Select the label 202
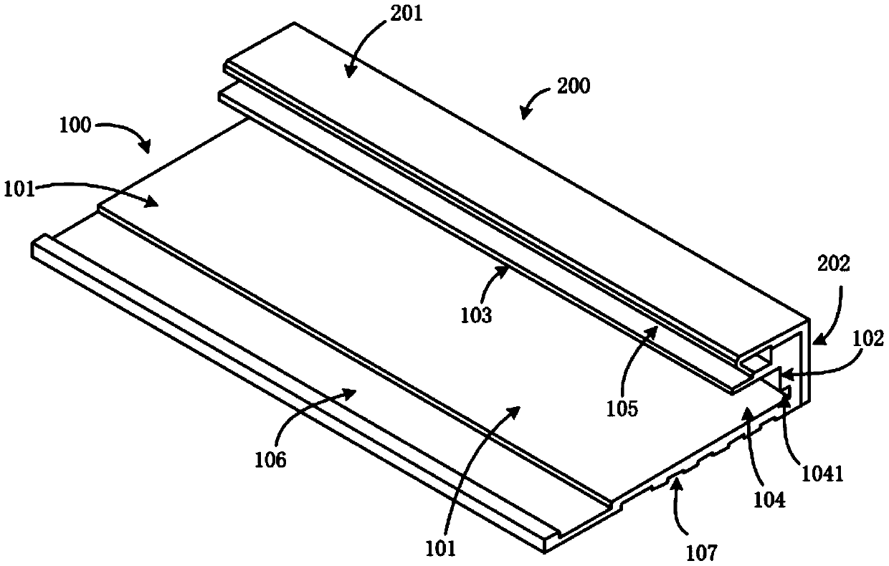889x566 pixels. pyautogui.click(x=831, y=264)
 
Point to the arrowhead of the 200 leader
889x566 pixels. pyautogui.click(x=522, y=116)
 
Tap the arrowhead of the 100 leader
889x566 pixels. pyautogui.click(x=148, y=151)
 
